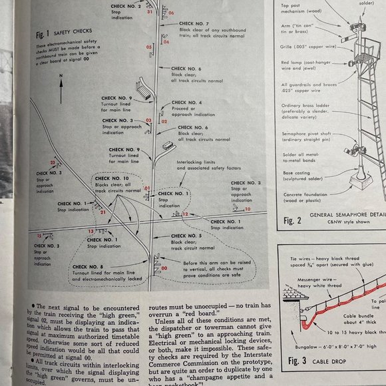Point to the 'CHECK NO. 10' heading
(112, 178)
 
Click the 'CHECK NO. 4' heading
(186, 102)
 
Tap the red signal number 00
(156, 268)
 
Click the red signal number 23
(52, 162)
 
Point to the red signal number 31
(150, 12)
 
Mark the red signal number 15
(39, 236)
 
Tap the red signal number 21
(102, 211)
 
